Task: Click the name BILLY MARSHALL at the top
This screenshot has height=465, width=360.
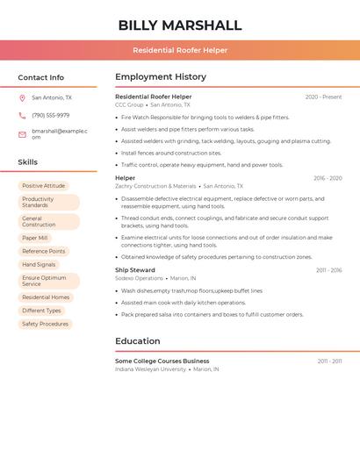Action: [x=180, y=25]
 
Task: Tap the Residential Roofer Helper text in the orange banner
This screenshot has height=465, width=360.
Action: [x=180, y=50]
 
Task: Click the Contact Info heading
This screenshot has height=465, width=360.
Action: [x=40, y=77]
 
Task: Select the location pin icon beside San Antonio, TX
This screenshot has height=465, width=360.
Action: [x=22, y=98]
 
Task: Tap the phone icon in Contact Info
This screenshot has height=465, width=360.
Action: [x=22, y=115]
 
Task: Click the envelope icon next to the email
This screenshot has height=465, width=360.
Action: [x=22, y=133]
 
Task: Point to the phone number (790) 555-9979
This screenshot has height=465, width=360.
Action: [x=50, y=115]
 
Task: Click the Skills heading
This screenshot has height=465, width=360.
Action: [x=27, y=162]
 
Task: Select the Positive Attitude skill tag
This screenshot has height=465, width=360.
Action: [x=43, y=186]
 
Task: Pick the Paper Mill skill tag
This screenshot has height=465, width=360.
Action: [x=35, y=238]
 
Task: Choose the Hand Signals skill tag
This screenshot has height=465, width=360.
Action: [x=39, y=264]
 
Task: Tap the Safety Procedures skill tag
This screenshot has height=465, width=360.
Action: [x=45, y=324]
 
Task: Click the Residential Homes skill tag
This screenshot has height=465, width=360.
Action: [x=46, y=297]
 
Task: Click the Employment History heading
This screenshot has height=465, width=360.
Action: [x=161, y=77]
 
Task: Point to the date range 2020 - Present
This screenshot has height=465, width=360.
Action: [x=323, y=97]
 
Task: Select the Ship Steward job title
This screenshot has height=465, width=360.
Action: [x=135, y=270]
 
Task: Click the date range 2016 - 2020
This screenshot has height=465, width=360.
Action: [x=328, y=178]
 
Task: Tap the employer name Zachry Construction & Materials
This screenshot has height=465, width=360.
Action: [x=155, y=186]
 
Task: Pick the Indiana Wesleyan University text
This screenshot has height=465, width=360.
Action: [x=150, y=369]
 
